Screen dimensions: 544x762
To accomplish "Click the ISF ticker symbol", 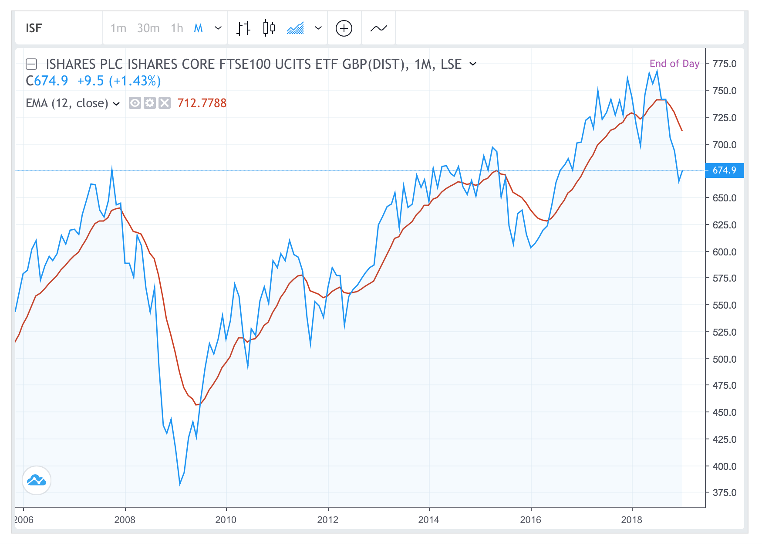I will [x=34, y=28].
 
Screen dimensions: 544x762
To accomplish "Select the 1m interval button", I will [x=118, y=28].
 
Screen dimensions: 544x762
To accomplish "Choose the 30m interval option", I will [x=148, y=28].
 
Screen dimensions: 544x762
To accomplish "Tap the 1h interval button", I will [x=177, y=28].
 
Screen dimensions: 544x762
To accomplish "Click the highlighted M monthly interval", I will [x=199, y=28].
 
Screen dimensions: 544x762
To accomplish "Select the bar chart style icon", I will [x=243, y=28].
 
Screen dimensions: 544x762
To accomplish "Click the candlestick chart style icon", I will [x=269, y=28].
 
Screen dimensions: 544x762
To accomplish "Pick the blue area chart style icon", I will [x=295, y=28].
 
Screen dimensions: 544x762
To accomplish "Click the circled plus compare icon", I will [x=344, y=28].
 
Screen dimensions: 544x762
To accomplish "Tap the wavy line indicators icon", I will [x=378, y=28].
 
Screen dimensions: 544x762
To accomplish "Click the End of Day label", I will [x=674, y=64].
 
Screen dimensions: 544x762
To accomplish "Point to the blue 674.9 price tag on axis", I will [x=724, y=170].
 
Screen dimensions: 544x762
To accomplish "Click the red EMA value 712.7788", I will [x=202, y=103].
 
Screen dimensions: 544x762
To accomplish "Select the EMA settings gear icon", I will [x=150, y=103].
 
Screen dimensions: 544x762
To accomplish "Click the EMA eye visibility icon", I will [x=135, y=103].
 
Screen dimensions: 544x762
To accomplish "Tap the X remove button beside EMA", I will [x=165, y=103].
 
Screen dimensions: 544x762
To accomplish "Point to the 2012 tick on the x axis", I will [x=327, y=520].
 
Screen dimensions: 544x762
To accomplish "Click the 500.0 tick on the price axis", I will [x=724, y=359].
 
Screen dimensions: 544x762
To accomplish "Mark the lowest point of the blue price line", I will [x=180, y=484].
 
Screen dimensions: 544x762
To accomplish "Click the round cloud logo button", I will [x=37, y=480].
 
